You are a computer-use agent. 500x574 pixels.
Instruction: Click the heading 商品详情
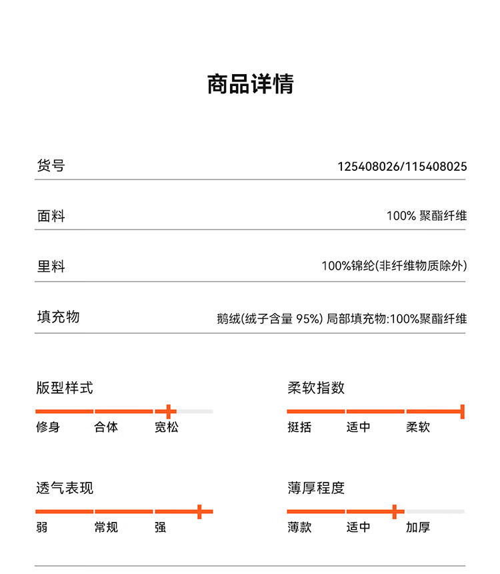point(250,85)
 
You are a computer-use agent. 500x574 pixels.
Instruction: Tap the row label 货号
point(51,166)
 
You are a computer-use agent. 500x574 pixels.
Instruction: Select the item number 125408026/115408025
point(402,166)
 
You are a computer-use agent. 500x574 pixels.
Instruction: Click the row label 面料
point(51,216)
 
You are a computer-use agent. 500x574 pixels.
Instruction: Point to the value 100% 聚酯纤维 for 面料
point(427,216)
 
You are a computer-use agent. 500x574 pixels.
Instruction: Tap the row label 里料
point(51,266)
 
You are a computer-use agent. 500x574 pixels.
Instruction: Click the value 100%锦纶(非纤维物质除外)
point(394,266)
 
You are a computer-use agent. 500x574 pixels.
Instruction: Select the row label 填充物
point(58,316)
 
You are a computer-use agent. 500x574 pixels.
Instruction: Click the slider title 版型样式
point(65,388)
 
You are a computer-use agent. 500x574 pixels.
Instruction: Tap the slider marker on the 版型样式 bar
point(170,411)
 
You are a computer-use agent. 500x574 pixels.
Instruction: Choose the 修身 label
point(48,427)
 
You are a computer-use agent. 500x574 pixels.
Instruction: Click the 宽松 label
point(167,427)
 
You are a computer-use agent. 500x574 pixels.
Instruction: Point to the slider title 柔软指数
point(316,388)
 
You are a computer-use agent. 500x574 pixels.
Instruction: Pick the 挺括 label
point(299,427)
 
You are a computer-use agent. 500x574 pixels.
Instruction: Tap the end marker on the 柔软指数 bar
point(462,411)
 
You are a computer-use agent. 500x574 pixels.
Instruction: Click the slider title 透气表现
point(65,488)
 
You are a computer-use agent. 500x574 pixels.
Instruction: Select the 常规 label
point(106,527)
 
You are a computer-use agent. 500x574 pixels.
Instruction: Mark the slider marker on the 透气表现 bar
point(199,511)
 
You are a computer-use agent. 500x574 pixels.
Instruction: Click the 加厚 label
point(418,527)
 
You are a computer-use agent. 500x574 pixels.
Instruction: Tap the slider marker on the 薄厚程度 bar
point(395,511)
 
